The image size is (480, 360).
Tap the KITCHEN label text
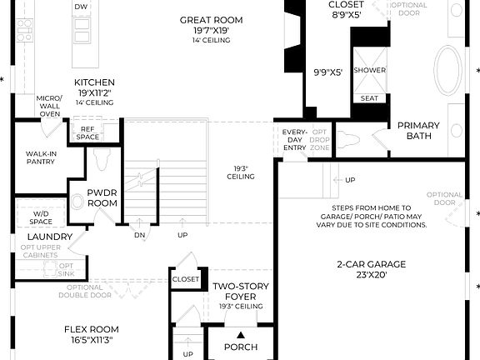coord(94,82)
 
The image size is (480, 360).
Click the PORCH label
coord(241,347)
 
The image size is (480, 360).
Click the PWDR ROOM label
coord(101,197)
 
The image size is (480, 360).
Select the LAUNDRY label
coord(49,237)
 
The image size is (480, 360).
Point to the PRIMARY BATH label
coord(418,131)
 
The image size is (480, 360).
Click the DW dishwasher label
coord(81,7)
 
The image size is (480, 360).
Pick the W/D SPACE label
coord(41,217)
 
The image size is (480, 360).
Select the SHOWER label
coord(369,70)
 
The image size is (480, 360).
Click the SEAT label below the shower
coord(369,98)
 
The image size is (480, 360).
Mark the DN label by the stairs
coord(140,234)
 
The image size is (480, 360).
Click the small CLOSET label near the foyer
coord(186,279)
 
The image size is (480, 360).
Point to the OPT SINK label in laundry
coord(66,269)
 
